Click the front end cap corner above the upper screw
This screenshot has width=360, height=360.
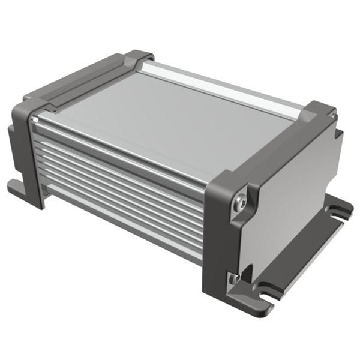(231, 180)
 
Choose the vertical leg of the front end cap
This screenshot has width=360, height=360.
(219, 252)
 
